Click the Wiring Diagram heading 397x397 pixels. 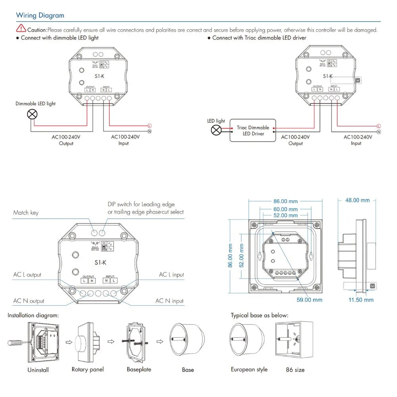pos(40,15)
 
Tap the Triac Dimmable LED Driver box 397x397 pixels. pos(253,131)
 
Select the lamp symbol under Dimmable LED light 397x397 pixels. pos(32,115)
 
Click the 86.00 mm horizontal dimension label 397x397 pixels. pos(285,201)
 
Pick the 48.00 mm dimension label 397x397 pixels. pos(357,200)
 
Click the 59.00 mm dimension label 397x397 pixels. pos(309,300)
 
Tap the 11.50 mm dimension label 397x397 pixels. pos(361,300)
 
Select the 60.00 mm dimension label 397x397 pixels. pos(285,209)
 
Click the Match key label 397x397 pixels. pos(26,213)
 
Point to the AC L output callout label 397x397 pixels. pos(27,275)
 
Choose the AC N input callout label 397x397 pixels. pos(170,301)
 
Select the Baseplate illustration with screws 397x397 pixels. pos(137,342)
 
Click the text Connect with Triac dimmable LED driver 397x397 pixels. pos(259,38)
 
